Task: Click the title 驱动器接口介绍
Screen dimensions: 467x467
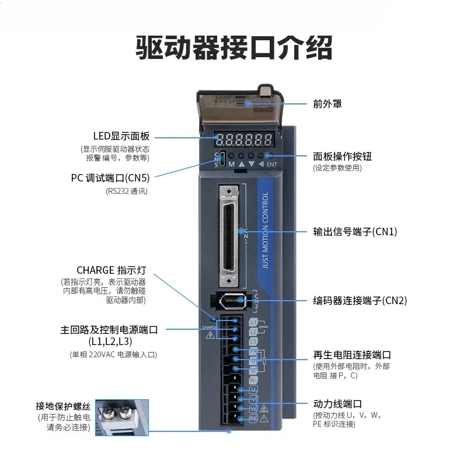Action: (233, 48)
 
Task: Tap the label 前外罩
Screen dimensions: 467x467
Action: (327, 104)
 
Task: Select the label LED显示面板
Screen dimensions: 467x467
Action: (121, 137)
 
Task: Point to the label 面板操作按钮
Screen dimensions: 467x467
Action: (342, 156)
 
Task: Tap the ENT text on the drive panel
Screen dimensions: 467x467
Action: (271, 165)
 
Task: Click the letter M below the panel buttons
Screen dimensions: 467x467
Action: (231, 165)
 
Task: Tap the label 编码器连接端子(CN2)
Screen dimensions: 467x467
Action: (360, 301)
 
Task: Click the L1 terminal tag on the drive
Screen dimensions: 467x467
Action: (252, 322)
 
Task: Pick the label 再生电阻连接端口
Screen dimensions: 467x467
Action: (352, 355)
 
